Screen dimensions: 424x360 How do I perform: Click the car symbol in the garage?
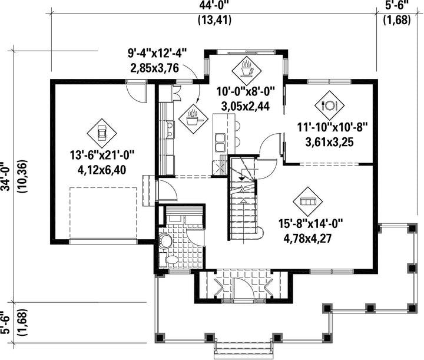click(x=102, y=133)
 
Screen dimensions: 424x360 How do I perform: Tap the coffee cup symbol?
click(x=246, y=71)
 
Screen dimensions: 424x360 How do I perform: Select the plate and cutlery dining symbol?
click(x=329, y=105)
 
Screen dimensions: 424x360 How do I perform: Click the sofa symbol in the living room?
click(x=308, y=202)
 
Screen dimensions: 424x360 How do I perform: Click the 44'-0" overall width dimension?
click(x=215, y=5)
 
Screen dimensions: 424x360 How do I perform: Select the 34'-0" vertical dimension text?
click(x=6, y=176)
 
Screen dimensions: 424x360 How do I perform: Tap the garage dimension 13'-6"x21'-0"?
click(x=102, y=156)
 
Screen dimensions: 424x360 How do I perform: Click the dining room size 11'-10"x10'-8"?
click(x=333, y=127)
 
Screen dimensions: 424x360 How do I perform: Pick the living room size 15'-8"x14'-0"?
click(x=311, y=224)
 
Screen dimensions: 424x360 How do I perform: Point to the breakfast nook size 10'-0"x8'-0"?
click(x=246, y=91)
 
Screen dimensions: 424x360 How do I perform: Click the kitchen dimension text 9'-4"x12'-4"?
click(x=158, y=53)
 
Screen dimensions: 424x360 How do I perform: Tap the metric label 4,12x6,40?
click(x=102, y=170)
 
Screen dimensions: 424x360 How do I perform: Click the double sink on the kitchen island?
click(x=220, y=143)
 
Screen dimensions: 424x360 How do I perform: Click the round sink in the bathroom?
click(x=165, y=240)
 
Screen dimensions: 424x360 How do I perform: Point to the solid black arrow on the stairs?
click(x=241, y=179)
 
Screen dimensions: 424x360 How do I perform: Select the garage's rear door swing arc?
click(x=137, y=93)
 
